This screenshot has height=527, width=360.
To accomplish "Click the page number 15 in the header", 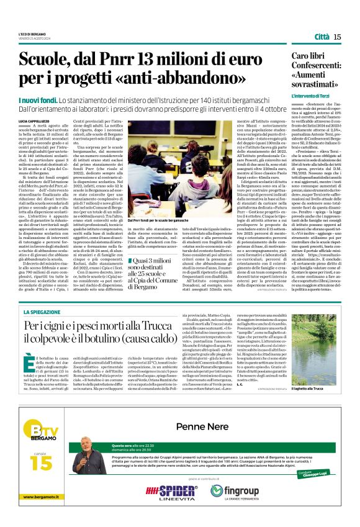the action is click(x=337, y=37).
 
